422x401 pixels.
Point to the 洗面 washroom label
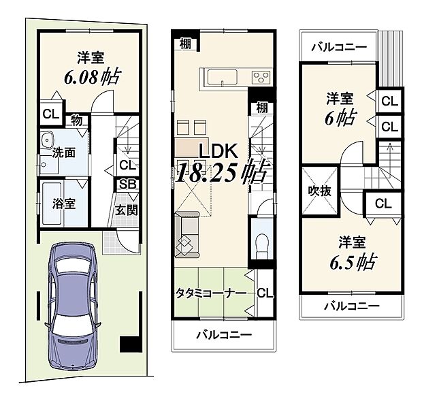coord(64,153)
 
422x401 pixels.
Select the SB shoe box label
coord(127,185)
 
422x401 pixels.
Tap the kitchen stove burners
coord(261,76)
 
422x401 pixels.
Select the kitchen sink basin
coord(220,76)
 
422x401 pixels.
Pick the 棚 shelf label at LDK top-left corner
coord(185,43)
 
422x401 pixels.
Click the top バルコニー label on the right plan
coord(339,47)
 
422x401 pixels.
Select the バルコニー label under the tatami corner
coord(225,335)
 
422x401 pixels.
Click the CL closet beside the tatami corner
coord(265,293)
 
